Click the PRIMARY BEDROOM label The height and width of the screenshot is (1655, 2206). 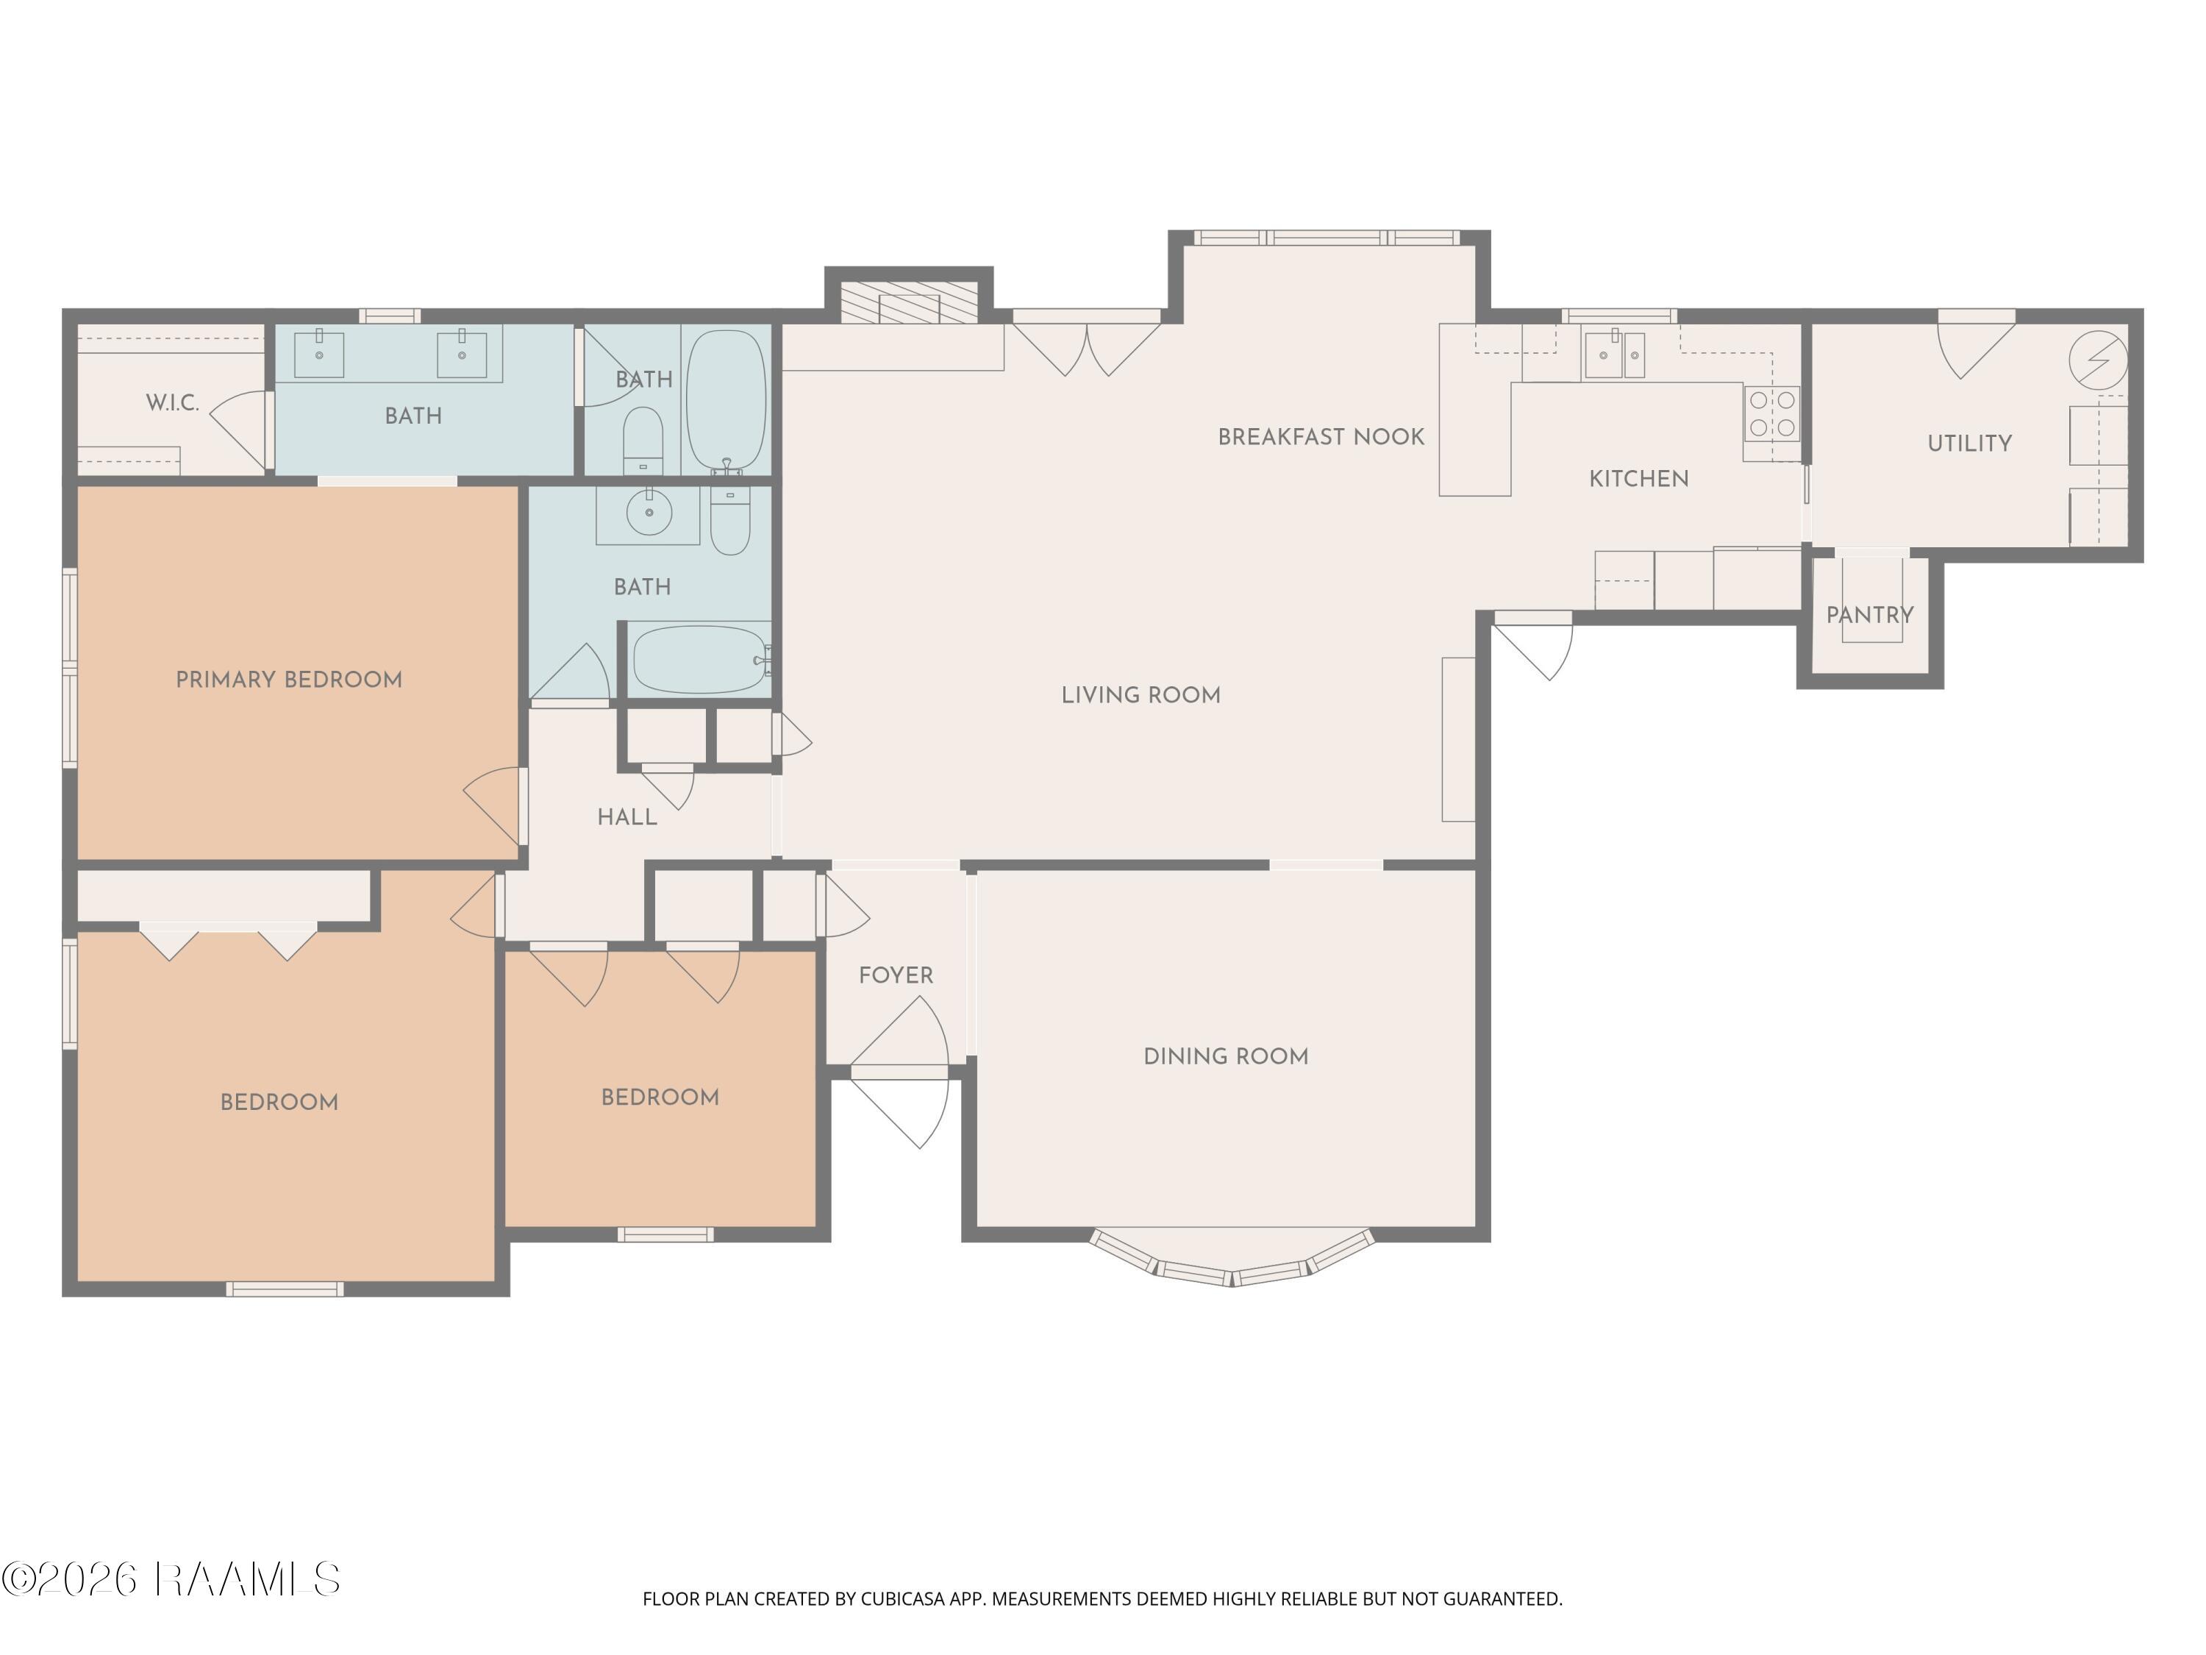click(289, 680)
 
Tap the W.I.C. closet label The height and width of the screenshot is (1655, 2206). click(173, 403)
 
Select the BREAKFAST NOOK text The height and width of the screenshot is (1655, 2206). click(1321, 437)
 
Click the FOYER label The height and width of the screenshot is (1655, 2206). click(896, 975)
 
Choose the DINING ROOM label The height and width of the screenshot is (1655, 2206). click(1226, 1056)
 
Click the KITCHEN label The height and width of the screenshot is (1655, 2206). click(1638, 479)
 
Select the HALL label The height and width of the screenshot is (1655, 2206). click(627, 818)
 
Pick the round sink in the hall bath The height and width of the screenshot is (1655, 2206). click(649, 513)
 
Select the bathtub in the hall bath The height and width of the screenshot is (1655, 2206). click(700, 659)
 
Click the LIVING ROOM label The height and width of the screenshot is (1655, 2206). click(1141, 695)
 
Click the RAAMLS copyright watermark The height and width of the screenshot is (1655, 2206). click(171, 1579)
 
